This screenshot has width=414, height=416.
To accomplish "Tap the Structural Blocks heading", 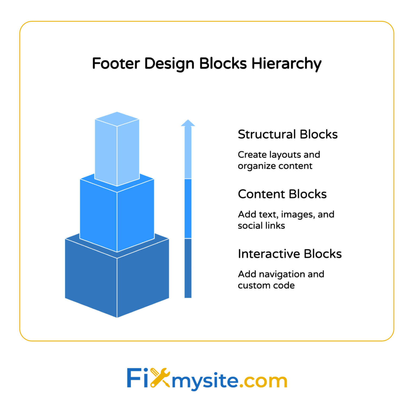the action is coord(288,134).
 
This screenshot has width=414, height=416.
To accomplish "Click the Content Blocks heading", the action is coord(282,194).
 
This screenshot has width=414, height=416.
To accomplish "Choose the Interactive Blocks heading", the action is coord(290,254).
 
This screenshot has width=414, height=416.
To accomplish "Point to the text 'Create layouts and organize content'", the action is coord(279,160).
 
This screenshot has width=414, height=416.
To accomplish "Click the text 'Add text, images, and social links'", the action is coord(286,220).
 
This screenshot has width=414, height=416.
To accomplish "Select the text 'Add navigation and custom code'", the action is coord(281,280).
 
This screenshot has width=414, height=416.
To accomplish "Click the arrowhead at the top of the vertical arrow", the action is coord(188,123).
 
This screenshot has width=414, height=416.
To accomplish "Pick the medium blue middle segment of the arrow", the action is coord(188,209).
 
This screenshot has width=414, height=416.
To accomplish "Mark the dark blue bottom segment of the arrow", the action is coord(188,268).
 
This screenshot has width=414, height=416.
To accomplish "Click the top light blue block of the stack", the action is coord(117,149).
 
